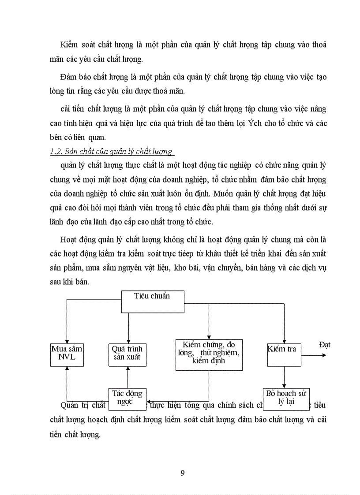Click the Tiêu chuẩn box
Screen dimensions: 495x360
pos(153,302)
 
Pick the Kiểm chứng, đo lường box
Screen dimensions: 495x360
pos(209,354)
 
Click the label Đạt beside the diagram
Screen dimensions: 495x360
pos(324,345)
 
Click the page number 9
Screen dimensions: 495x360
pos(183,473)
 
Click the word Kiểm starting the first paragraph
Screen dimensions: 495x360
pos(69,45)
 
